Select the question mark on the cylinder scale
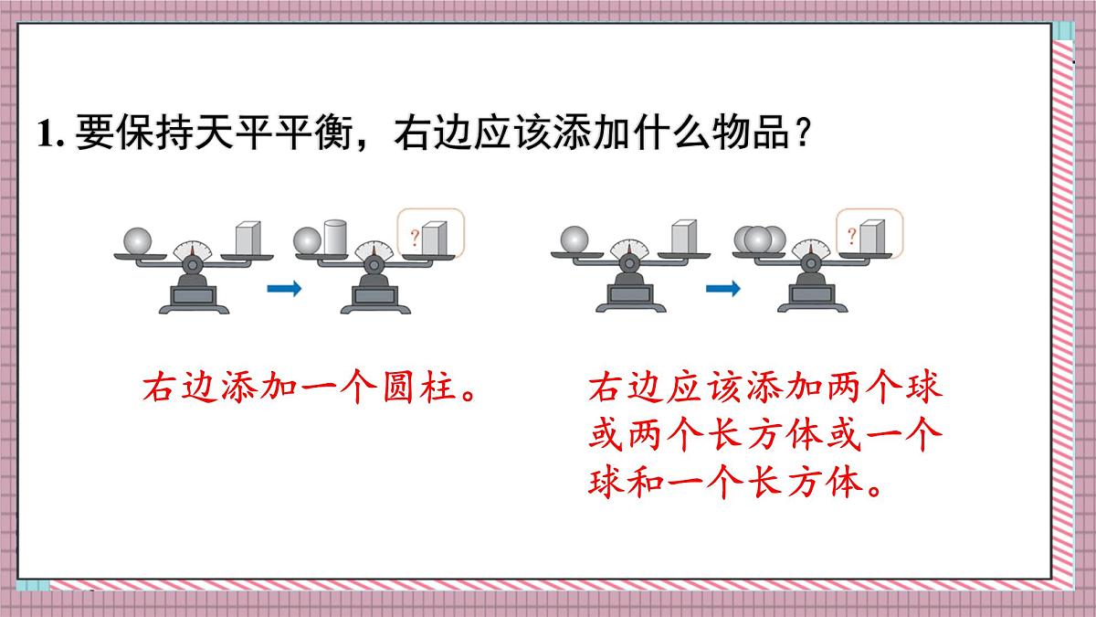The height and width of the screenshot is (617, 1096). coord(415,239)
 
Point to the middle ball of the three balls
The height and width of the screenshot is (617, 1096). coord(759,239)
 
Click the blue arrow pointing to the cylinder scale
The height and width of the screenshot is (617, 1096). coord(284,290)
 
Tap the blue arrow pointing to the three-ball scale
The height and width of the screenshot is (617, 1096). coord(723,290)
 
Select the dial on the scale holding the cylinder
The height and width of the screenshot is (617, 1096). coord(373,250)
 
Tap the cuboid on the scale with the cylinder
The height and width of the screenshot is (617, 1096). coord(434,238)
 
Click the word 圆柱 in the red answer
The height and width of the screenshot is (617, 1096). coord(421,389)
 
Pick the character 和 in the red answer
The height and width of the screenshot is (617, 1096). coord(645,482)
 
